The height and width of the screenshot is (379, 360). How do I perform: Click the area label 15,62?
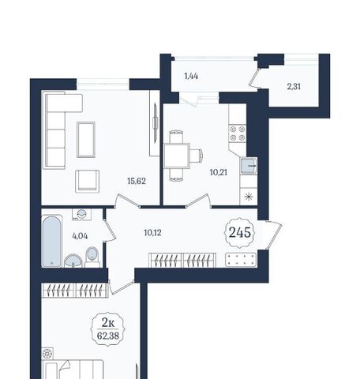(x=137, y=182)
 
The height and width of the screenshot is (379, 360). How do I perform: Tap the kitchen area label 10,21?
(x=219, y=173)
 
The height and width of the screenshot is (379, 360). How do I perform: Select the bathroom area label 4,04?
(x=80, y=236)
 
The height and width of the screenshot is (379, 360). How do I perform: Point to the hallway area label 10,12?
(x=152, y=233)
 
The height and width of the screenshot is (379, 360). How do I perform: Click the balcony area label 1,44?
(x=191, y=77)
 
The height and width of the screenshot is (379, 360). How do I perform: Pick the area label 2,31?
(x=294, y=86)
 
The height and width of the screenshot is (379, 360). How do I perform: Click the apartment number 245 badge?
(x=240, y=233)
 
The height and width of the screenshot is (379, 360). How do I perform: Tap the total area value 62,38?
(x=108, y=336)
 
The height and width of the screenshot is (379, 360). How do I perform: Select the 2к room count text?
(x=108, y=323)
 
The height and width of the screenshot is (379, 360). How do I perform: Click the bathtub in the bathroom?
(x=52, y=242)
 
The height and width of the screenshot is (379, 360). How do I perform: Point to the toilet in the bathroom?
(x=92, y=257)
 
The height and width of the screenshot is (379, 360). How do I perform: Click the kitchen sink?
(x=249, y=166)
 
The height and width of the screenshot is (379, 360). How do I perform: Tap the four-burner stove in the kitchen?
(x=238, y=133)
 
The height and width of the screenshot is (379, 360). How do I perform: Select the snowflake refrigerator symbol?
(x=249, y=197)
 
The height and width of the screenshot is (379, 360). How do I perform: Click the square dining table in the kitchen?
(x=177, y=156)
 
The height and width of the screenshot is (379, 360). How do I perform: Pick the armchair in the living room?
(x=88, y=181)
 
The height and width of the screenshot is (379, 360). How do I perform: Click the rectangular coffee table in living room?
(x=86, y=140)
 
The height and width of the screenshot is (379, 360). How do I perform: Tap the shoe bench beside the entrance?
(x=241, y=260)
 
